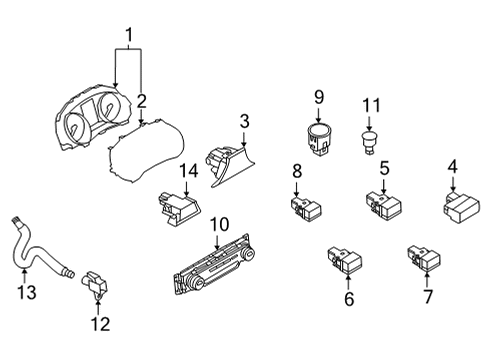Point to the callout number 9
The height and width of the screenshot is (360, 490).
click(319, 97)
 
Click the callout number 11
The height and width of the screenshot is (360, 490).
click(372, 105)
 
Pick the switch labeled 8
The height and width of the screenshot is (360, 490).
click(301, 208)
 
